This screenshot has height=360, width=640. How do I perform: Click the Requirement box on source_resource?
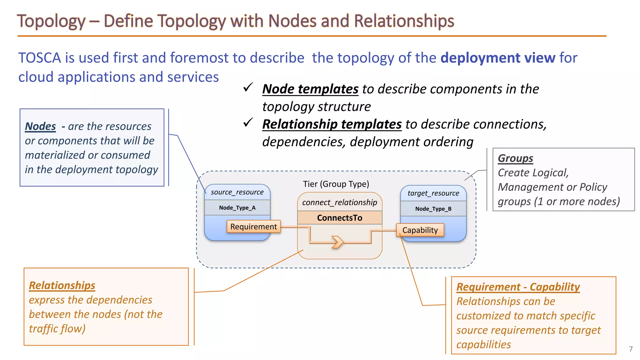point(253,227)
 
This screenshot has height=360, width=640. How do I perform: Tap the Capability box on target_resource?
point(420,230)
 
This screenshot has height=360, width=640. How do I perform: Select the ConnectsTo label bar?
point(340,218)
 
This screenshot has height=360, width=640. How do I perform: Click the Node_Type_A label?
point(237,208)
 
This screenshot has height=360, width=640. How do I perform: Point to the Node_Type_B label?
point(433,209)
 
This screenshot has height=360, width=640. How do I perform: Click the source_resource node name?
point(237,192)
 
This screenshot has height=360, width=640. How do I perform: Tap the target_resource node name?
point(433,193)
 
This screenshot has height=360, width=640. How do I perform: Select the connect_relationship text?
point(340,202)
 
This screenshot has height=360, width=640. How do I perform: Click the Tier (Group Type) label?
point(336,184)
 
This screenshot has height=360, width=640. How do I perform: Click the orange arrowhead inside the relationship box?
point(337,242)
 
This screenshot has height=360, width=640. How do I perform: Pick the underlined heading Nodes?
point(40,127)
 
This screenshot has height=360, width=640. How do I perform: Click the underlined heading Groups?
point(515,158)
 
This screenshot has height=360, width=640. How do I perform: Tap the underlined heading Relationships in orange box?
point(62,286)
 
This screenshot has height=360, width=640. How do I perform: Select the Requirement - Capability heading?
point(518,287)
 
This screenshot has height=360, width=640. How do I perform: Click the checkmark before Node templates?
point(248,87)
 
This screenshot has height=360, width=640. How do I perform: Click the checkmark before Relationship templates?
point(248,123)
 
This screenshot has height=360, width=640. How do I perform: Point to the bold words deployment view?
point(498,58)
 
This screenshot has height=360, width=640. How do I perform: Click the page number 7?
point(631,349)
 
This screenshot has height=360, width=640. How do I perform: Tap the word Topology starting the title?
point(51,21)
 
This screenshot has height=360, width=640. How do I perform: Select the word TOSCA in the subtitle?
point(39,58)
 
